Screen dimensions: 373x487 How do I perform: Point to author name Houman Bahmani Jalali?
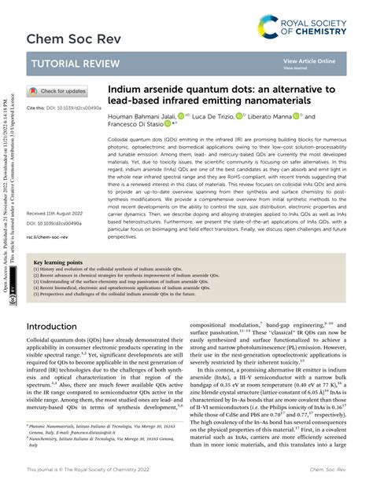(x=145, y=115)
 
